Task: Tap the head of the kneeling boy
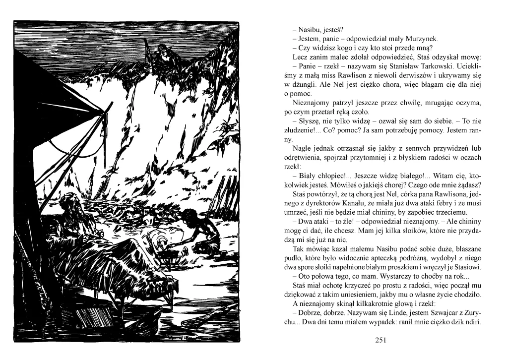188,214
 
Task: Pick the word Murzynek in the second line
422,39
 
